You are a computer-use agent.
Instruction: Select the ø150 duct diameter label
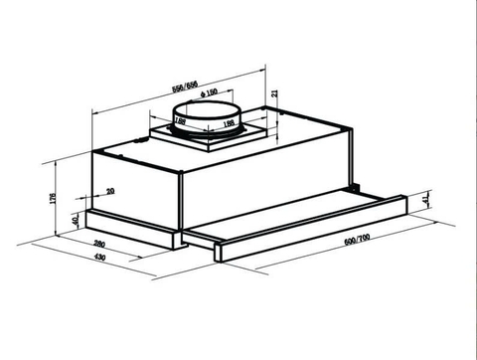[x=209, y=93]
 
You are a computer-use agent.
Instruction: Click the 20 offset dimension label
[x=109, y=190]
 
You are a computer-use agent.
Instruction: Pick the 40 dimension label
[x=76, y=219]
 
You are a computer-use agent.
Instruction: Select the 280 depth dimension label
[x=99, y=244]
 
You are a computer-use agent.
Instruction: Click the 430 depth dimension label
[x=99, y=259]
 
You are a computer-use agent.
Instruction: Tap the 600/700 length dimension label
[x=358, y=243]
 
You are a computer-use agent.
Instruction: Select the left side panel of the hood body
[x=134, y=184]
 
